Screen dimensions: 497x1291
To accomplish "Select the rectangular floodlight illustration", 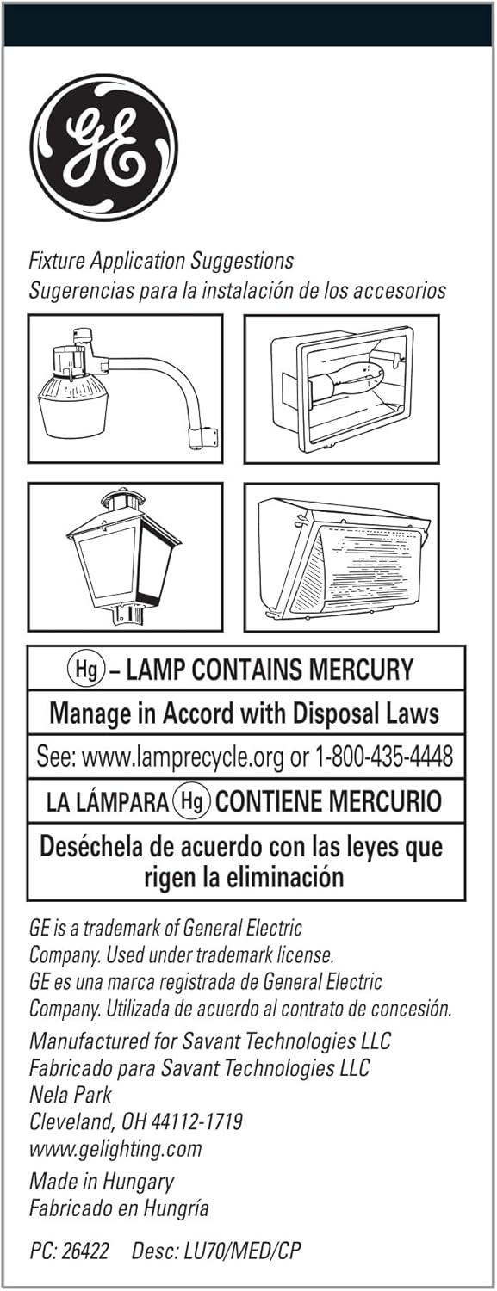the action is pyautogui.click(x=342, y=388).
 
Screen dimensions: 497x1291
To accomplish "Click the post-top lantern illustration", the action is pyautogui.click(x=123, y=557).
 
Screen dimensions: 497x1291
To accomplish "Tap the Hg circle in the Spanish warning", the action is pyautogui.click(x=192, y=800).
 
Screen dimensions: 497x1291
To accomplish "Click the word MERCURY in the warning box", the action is pyautogui.click(x=361, y=670).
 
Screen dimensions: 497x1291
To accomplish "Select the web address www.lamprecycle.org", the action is pyautogui.click(x=183, y=757).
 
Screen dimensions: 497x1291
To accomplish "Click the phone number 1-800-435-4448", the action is pyautogui.click(x=383, y=757).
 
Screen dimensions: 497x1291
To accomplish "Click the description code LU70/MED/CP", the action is pyautogui.click(x=242, y=1251).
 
